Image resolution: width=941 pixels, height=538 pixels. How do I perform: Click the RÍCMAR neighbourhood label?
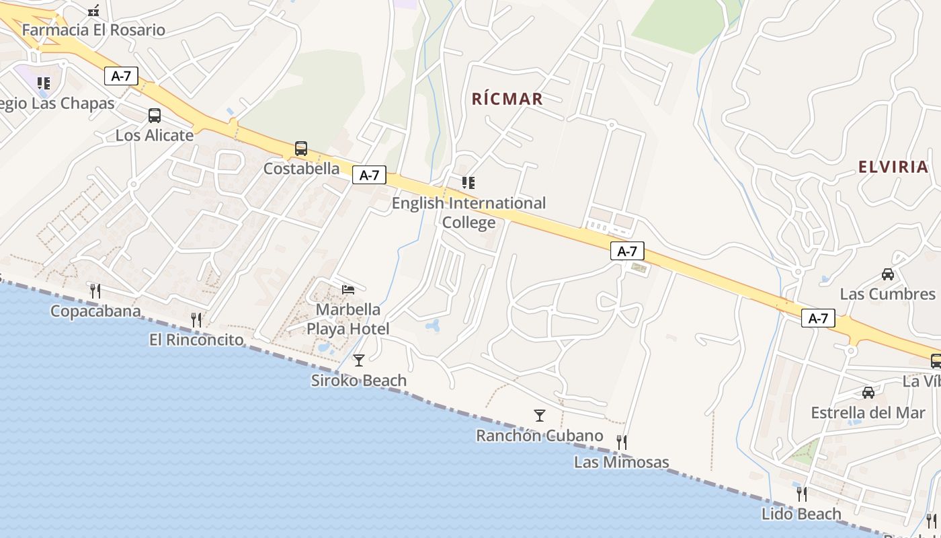[507, 99]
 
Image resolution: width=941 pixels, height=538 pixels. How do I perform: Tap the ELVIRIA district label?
[893, 167]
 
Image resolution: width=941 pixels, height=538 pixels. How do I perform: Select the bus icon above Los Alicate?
[155, 116]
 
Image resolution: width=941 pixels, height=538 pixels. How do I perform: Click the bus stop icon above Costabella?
[301, 149]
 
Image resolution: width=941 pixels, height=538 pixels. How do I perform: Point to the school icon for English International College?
[468, 182]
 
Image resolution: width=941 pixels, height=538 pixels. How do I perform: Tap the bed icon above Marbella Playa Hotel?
[348, 289]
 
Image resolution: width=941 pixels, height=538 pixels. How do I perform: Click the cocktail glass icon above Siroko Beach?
[359, 360]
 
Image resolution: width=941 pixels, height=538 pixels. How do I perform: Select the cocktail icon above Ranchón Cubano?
[539, 415]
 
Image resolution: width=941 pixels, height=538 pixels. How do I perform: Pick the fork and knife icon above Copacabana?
[95, 291]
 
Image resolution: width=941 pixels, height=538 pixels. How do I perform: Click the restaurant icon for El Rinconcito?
[196, 319]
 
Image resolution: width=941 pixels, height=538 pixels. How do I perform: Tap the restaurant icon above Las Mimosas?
[622, 442]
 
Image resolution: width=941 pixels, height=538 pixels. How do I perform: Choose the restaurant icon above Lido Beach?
[801, 494]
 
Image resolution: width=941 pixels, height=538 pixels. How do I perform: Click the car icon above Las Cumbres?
[888, 274]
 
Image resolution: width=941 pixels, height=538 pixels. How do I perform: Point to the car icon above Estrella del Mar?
[868, 392]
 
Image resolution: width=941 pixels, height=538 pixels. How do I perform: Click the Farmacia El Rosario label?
[93, 30]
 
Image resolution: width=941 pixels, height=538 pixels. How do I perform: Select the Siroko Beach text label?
[359, 380]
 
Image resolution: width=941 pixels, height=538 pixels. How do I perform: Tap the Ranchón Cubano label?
[539, 435]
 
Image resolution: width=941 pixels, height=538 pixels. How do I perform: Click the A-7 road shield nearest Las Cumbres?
[818, 318]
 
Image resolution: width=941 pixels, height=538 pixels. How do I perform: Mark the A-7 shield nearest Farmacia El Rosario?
[121, 76]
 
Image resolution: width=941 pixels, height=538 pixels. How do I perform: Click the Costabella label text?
[301, 168]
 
